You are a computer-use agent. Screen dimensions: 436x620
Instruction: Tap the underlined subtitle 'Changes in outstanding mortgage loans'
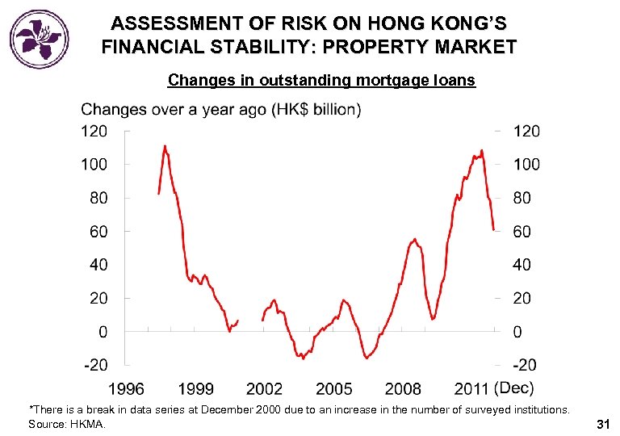coord(321,80)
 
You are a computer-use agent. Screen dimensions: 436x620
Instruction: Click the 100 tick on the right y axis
coord(527,165)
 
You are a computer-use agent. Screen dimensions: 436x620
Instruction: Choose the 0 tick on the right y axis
coord(517,332)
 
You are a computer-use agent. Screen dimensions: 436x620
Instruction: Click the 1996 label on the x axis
coord(127,389)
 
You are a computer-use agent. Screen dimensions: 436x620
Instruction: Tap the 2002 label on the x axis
coord(265,389)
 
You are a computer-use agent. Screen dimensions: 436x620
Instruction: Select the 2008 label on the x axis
coord(403,389)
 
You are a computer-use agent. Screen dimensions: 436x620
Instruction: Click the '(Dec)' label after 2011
coord(514,388)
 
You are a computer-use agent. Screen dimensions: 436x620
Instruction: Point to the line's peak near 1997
coord(165,146)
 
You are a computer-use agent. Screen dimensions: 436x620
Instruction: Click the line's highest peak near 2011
coord(482,150)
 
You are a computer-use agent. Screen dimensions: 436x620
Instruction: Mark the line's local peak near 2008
coord(415,239)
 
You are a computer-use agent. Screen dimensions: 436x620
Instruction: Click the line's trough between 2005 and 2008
coord(367,357)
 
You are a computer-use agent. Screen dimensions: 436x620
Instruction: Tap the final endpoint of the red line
coord(493,230)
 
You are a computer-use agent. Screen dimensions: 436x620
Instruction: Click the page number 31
coord(602,424)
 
